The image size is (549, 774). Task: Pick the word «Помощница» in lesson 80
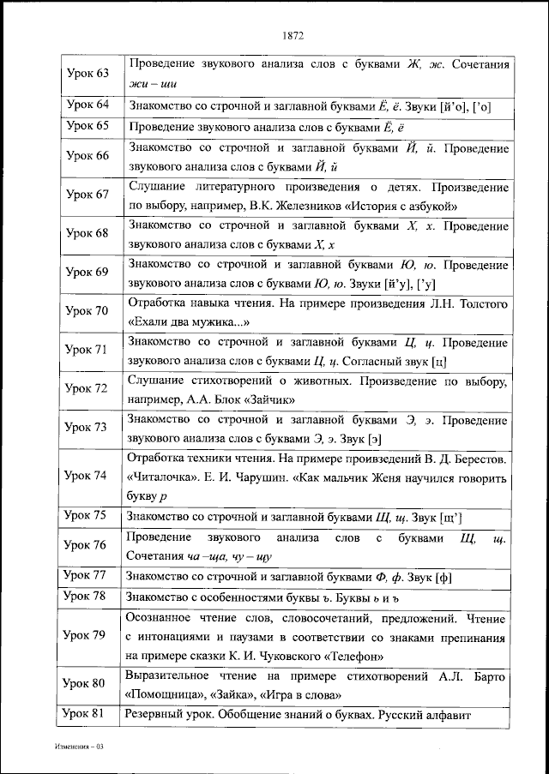164,694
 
